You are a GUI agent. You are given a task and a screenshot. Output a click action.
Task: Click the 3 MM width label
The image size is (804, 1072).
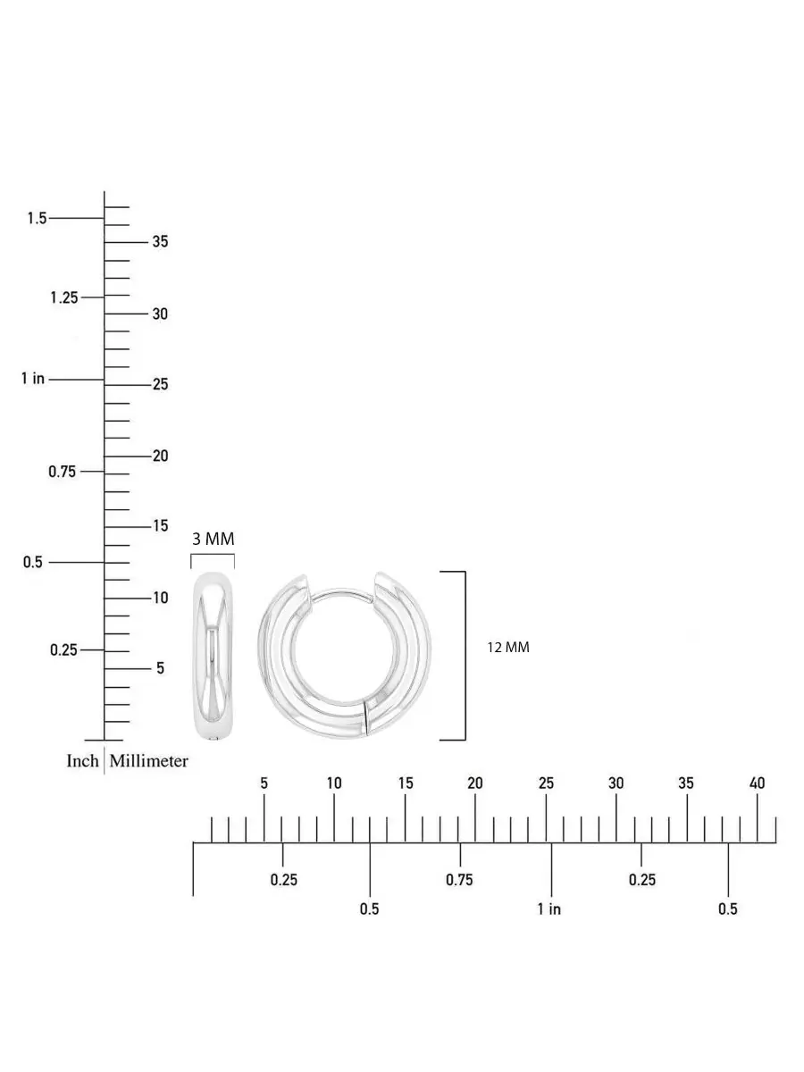tap(214, 540)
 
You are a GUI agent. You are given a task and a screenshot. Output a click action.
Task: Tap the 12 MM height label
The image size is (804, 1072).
tap(508, 648)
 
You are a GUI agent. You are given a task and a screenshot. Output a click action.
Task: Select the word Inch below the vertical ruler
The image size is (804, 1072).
tap(82, 761)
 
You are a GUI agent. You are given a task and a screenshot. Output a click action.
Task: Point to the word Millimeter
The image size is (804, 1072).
tap(149, 761)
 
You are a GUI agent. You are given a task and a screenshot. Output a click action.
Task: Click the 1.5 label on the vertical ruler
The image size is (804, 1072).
tap(38, 218)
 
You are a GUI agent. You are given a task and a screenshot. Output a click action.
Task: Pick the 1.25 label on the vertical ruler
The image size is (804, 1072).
tap(64, 297)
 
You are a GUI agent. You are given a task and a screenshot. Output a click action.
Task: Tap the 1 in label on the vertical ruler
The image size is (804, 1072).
tap(33, 379)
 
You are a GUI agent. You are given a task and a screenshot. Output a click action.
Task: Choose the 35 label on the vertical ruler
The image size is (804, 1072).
tap(160, 241)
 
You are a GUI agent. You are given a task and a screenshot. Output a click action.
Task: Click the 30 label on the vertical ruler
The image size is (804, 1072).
tap(160, 314)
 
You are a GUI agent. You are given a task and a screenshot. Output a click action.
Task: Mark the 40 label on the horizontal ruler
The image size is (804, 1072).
tap(758, 783)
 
